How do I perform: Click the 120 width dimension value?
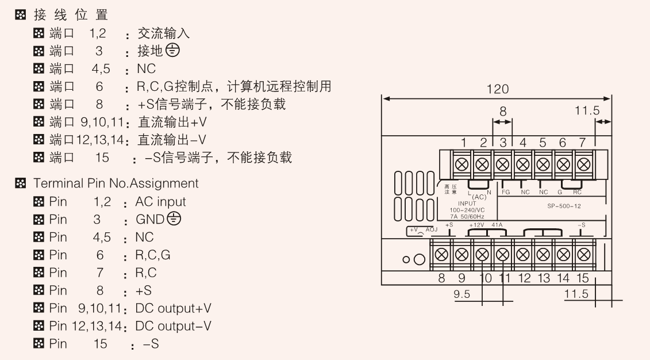(x=496, y=89)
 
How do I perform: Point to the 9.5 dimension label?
(x=462, y=294)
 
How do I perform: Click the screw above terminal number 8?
(x=441, y=254)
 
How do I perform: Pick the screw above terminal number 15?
(x=583, y=254)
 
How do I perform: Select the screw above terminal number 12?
(x=522, y=254)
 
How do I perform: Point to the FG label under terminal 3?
(x=506, y=192)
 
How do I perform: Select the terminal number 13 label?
(x=543, y=279)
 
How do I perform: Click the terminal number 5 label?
(x=543, y=142)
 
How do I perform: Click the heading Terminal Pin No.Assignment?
(x=116, y=183)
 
